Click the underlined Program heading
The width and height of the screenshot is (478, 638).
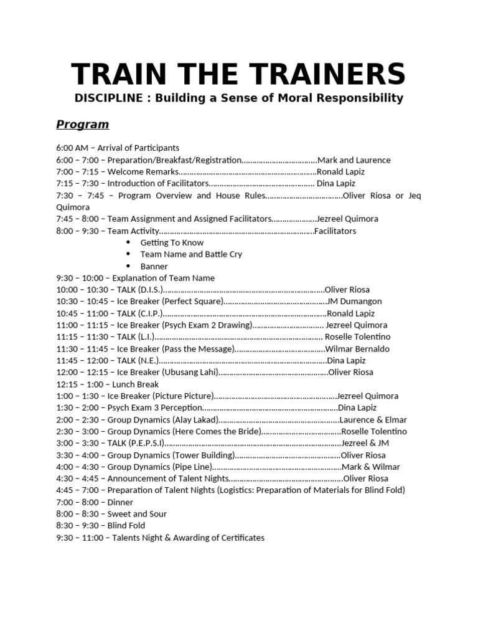click(82, 124)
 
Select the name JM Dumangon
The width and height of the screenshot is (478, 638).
click(354, 302)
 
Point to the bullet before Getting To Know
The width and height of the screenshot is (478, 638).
click(129, 242)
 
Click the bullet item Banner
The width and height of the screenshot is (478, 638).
click(154, 266)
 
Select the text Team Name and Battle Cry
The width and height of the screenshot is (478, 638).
click(191, 254)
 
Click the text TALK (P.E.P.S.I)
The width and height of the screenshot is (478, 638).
click(136, 443)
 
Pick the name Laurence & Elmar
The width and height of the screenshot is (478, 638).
click(372, 419)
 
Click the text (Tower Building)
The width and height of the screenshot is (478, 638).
click(204, 455)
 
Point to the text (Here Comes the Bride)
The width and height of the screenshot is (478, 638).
click(215, 431)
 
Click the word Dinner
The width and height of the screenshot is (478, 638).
click(120, 502)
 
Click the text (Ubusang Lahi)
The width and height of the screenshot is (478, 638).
click(190, 373)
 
